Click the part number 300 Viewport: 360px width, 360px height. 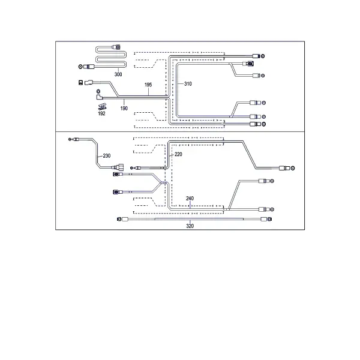(x=118, y=74)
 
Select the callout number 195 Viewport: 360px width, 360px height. (x=148, y=85)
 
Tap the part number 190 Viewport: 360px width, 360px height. (x=124, y=109)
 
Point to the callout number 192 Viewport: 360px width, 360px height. (x=101, y=113)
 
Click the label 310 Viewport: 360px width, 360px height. (x=188, y=84)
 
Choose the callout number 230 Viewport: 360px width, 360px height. (x=107, y=156)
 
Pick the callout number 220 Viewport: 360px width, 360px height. (x=178, y=154)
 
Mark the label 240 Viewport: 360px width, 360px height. (x=190, y=199)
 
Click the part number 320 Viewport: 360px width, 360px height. (x=190, y=226)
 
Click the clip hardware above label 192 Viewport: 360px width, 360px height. (x=102, y=107)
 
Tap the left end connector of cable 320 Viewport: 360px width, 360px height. (x=122, y=219)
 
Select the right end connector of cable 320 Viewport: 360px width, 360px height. (x=266, y=219)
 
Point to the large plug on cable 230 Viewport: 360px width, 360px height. (x=118, y=167)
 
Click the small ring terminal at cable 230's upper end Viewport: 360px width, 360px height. (x=70, y=139)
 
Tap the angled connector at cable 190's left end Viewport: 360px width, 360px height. (x=99, y=97)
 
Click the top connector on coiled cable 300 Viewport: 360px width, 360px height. (x=116, y=47)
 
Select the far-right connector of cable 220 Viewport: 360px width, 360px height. (x=287, y=168)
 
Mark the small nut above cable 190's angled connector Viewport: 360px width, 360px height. (x=98, y=91)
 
